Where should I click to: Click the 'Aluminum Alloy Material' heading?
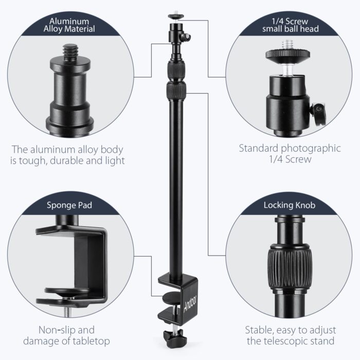point(71,25)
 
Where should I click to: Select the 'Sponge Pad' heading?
point(71,206)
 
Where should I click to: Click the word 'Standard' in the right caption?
point(260,149)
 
